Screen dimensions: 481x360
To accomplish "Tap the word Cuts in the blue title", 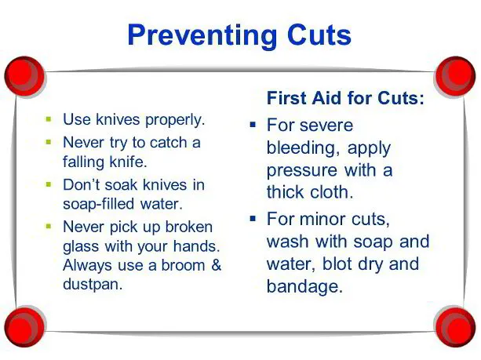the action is pos(319,35).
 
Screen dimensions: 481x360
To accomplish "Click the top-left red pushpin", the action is pos(25,76).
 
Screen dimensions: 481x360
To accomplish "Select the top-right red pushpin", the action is pos(455,76).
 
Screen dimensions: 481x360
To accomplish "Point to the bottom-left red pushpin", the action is pos(25,327).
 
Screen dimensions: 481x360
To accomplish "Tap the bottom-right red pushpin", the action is pos(455,327).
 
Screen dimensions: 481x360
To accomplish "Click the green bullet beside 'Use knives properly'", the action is pos(49,118).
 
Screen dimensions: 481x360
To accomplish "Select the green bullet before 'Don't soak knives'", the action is pos(49,184).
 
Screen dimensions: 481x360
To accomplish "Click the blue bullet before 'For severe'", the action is pos(253,125).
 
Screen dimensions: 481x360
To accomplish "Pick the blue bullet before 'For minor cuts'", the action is pos(253,218).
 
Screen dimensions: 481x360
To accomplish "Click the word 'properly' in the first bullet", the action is pos(174,120).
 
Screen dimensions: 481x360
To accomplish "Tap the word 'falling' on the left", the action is pos(83,162).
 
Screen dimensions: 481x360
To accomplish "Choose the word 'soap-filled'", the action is pos(98,204).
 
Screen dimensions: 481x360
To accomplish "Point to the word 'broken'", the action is pos(188,227).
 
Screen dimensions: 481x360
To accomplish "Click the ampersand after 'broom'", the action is pos(217,265).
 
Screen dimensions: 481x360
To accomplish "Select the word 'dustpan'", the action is pos(93,285).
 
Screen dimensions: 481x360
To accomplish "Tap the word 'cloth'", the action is pos(332,192).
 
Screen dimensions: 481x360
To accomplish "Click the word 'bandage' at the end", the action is pos(304,287).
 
